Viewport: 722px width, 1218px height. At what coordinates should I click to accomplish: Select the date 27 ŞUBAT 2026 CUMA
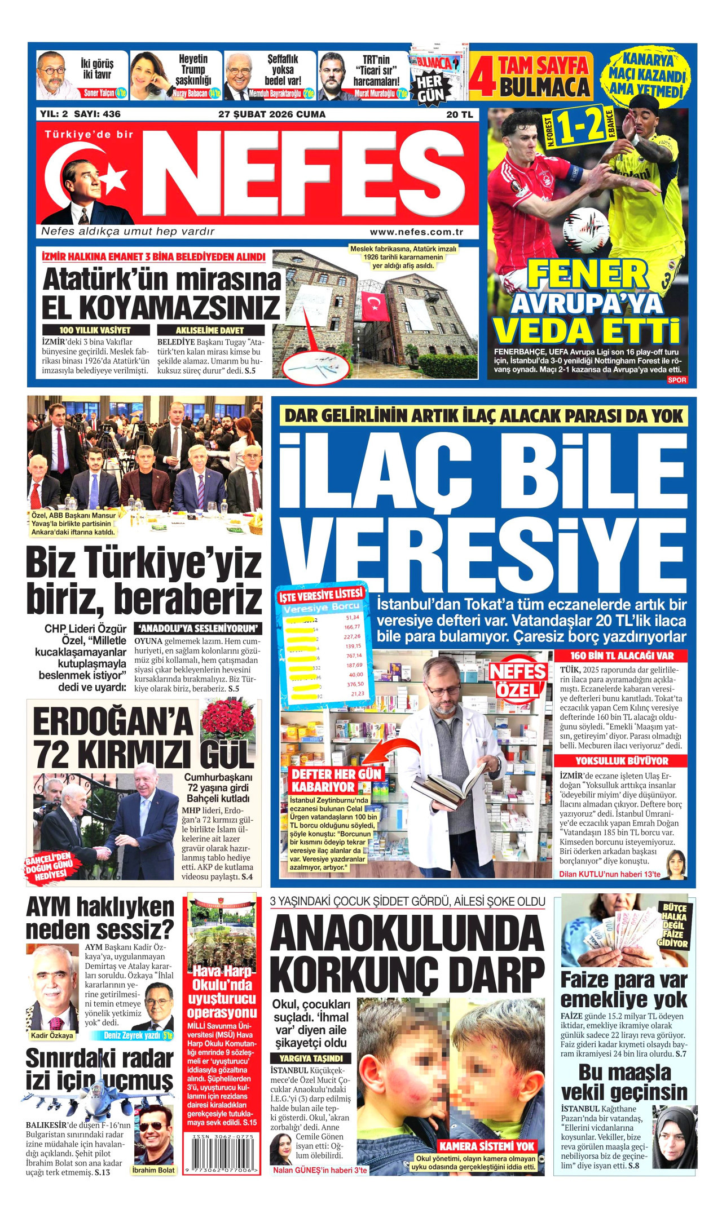pos(272,114)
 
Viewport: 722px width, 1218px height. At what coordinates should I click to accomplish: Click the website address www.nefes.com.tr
pos(416,232)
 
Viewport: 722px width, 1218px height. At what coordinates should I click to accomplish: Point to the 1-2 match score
pos(578,127)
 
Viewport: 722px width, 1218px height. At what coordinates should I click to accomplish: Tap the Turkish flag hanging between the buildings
pos(373,306)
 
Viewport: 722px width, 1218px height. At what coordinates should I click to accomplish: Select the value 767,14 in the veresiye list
pos(354,655)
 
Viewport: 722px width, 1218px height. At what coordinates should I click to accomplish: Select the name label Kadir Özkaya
pos(52,1035)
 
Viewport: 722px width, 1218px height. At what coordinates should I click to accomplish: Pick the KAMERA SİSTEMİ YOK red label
pos(486,1146)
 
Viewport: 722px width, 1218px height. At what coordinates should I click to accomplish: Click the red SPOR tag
pos(676,380)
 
